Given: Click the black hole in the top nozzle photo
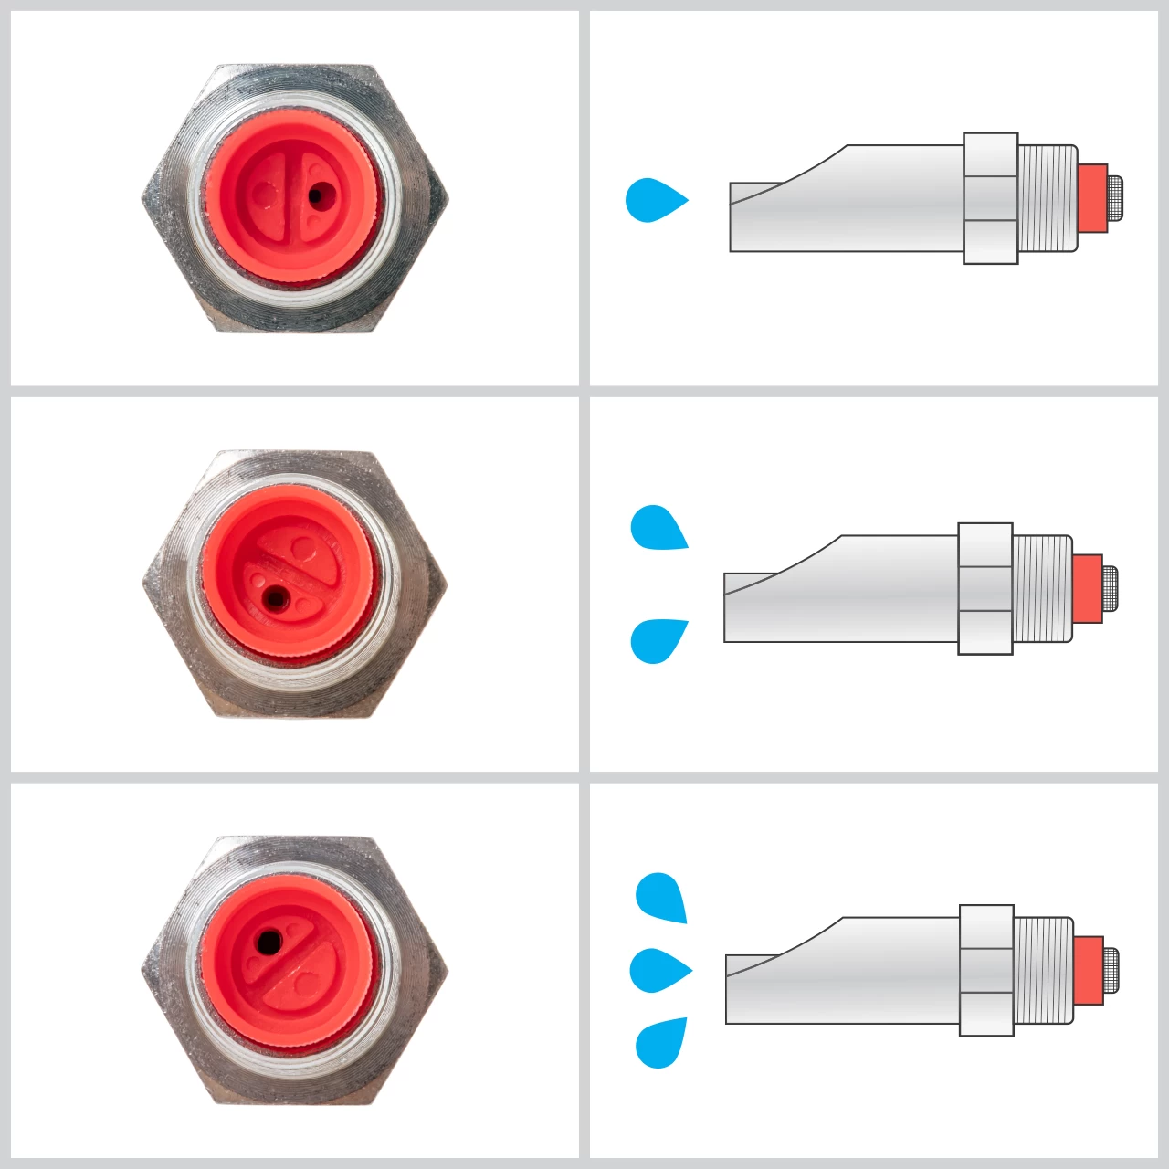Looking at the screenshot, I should coord(317,195).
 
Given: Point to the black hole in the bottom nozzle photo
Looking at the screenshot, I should coord(268,942).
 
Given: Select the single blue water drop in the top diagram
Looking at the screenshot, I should coord(652,200).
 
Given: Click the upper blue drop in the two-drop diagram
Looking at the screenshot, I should coord(657,528).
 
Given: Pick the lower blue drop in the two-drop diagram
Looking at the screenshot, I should coord(657,640).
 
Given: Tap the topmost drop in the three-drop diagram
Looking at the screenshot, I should coord(660,897).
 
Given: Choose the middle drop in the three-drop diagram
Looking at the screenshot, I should coord(657,970).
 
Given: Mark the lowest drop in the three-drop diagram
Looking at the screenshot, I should coord(660,1043).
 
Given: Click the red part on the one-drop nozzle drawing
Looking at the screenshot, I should coord(1091,198).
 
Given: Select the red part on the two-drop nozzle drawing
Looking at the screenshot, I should coord(1087,589).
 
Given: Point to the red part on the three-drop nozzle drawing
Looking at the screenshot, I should coord(1088,970).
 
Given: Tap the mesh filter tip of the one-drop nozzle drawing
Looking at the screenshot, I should coord(1115,198).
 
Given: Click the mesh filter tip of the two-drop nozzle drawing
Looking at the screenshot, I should coord(1111,589).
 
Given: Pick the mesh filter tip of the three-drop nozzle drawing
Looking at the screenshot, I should coord(1111,970).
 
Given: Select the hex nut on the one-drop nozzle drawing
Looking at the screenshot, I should coord(991,198).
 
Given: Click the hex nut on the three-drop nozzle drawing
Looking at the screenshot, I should coord(986,970).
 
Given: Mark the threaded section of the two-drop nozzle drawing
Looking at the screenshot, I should coord(1042,589).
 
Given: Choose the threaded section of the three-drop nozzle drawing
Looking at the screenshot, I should coord(1043,970).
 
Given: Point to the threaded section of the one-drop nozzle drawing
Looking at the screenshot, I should coord(1048,198).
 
